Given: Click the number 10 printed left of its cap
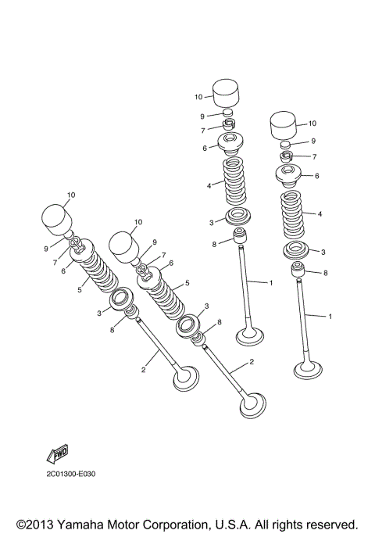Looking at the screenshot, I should pyautogui.click(x=198, y=96).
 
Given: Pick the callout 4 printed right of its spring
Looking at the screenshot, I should pyautogui.click(x=320, y=213).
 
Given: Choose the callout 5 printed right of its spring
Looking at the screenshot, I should pyautogui.click(x=187, y=284).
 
